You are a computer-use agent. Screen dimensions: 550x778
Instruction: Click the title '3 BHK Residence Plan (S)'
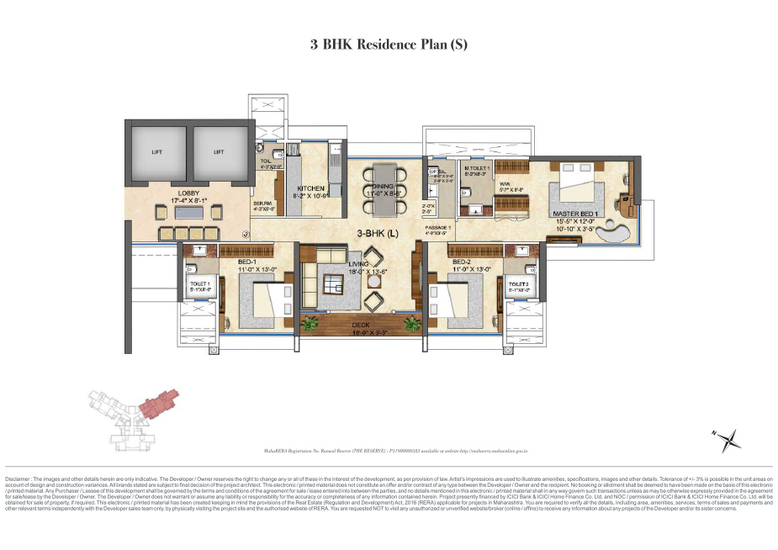point(389,45)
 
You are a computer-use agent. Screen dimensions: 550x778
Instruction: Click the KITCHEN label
point(311,189)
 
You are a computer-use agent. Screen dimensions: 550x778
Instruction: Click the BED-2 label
point(462,262)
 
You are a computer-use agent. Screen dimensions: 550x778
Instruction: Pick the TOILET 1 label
point(200,285)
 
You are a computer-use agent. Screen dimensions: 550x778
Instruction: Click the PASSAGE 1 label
point(438,228)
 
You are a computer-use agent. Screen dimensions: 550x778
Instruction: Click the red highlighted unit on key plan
point(160,401)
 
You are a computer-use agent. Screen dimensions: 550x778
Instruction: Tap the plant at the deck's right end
point(411,322)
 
